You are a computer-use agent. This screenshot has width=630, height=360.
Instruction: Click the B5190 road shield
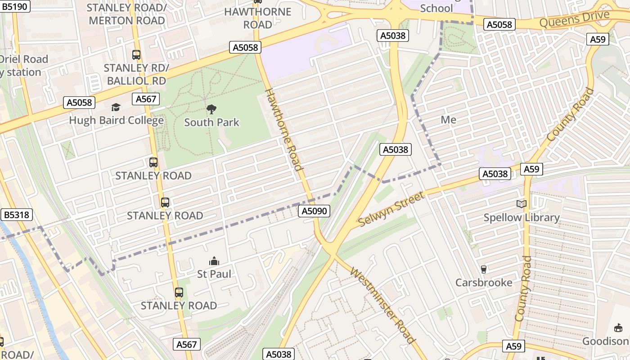click(15, 6)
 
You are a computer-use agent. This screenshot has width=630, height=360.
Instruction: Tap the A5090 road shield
click(314, 211)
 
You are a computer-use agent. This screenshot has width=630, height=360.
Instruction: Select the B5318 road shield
click(17, 215)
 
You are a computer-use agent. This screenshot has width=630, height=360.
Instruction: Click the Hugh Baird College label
click(116, 121)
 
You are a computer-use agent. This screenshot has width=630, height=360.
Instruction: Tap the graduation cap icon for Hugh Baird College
click(116, 107)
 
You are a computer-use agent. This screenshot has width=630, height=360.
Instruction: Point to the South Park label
click(211, 122)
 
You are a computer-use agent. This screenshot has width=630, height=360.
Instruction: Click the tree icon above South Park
click(211, 109)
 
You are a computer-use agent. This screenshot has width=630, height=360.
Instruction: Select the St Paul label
click(214, 274)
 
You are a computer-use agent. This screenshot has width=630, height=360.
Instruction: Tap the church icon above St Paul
click(214, 261)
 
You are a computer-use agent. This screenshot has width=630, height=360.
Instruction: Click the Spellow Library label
click(522, 218)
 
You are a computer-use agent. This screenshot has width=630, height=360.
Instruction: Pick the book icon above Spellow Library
click(522, 204)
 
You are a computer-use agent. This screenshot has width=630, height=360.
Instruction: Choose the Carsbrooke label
click(484, 283)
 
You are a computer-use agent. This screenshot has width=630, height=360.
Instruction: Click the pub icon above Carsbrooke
click(484, 270)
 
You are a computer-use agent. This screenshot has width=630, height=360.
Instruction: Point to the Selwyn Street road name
click(391, 209)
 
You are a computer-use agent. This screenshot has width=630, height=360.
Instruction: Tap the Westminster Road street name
click(382, 305)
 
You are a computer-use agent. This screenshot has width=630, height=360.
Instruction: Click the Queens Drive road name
click(574, 19)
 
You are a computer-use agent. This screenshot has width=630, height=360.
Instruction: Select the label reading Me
click(448, 120)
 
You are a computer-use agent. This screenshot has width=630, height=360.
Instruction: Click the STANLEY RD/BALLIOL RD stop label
click(136, 74)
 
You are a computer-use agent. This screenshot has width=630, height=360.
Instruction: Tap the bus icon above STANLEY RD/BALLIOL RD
click(136, 55)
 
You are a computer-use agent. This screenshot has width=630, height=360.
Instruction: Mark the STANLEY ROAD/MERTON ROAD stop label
click(127, 14)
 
